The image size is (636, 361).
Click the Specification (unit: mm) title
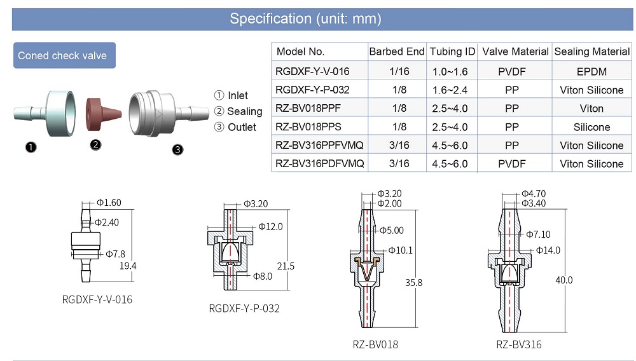pyautogui.click(x=305, y=18)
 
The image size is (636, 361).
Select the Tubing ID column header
pyautogui.click(x=452, y=51)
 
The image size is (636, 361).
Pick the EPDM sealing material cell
pyautogui.click(x=591, y=72)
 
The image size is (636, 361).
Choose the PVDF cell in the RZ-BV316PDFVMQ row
pyautogui.click(x=511, y=164)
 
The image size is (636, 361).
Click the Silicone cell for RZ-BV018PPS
pyautogui.click(x=591, y=127)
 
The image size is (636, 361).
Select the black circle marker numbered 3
pyautogui.click(x=178, y=150)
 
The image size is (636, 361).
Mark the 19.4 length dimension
pyautogui.click(x=128, y=266)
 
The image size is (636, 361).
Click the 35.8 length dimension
pyautogui.click(x=413, y=282)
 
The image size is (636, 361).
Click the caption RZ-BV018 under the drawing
pyautogui.click(x=375, y=344)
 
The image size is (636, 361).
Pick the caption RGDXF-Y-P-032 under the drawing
pyautogui.click(x=244, y=309)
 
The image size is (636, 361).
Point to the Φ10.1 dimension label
pyautogui.click(x=400, y=250)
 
